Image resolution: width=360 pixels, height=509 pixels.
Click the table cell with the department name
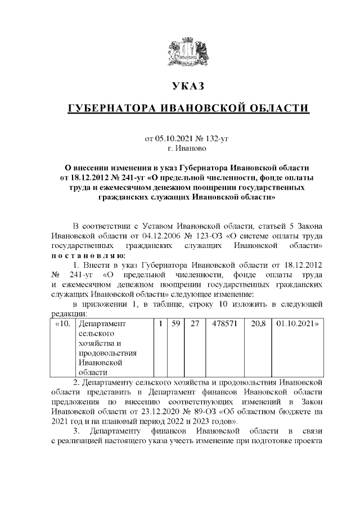pyautogui.click(x=114, y=348)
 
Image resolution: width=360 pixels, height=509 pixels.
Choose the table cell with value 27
pyautogui.click(x=195, y=325)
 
